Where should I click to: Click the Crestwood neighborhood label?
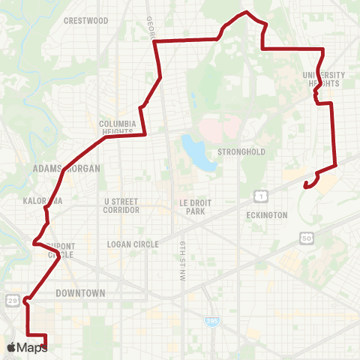point(86,21)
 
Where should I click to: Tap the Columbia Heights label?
point(117,127)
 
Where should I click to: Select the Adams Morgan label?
point(67,169)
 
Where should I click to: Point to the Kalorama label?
point(43,201)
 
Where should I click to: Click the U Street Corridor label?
point(121,206)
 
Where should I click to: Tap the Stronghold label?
point(241,151)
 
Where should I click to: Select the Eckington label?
point(267,215)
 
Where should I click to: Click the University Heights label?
point(324,79)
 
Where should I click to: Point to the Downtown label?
point(80,293)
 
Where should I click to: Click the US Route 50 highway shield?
point(306,238)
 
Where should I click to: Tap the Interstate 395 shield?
point(209,321)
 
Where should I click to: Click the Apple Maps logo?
point(26,348)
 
